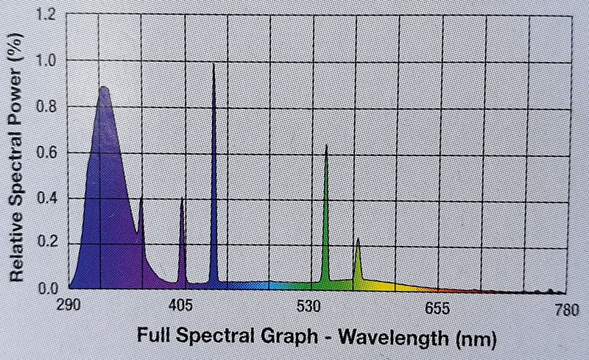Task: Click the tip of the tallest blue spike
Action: point(214,66)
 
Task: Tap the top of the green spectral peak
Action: point(326,147)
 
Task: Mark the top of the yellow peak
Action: point(358,239)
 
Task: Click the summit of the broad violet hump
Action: point(103,88)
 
